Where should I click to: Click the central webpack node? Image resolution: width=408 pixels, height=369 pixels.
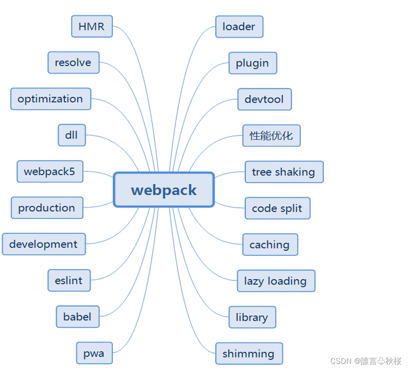(x=163, y=190)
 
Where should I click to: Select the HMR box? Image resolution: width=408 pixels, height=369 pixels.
(x=91, y=26)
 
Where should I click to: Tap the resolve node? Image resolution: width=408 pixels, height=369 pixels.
(x=73, y=63)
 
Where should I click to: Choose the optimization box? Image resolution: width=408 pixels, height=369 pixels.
(x=50, y=99)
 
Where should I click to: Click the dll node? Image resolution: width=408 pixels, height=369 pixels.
(x=72, y=135)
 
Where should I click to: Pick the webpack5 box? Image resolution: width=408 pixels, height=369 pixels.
(x=49, y=172)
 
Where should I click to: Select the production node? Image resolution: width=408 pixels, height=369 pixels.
(x=46, y=208)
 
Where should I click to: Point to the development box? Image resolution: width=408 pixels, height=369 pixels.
(x=43, y=244)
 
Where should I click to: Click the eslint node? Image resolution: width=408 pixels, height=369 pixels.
(x=69, y=281)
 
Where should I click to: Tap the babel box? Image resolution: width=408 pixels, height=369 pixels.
(x=77, y=317)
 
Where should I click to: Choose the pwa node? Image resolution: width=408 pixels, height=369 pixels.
(x=94, y=353)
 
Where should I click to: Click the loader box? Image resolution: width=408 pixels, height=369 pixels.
(x=239, y=27)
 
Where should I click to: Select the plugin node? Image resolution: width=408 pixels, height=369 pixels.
(x=252, y=63)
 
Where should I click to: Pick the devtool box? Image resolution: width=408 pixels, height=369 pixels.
(x=264, y=99)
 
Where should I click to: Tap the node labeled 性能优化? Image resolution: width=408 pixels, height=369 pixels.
(x=271, y=136)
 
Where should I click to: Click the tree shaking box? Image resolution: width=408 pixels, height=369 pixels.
(x=284, y=172)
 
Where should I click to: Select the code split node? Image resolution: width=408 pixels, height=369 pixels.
(x=277, y=209)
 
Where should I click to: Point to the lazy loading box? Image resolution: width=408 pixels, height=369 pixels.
(x=275, y=281)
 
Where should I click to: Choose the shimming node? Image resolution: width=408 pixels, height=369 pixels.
(x=248, y=354)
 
